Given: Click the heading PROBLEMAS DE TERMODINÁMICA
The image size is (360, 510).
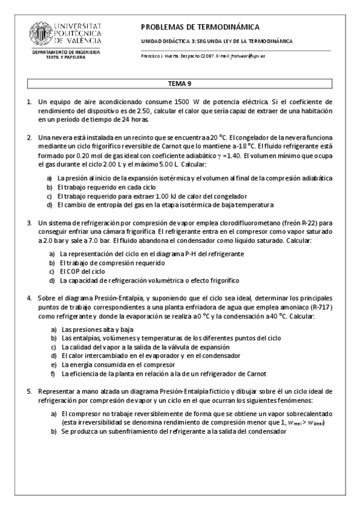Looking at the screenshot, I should click(x=200, y=27).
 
